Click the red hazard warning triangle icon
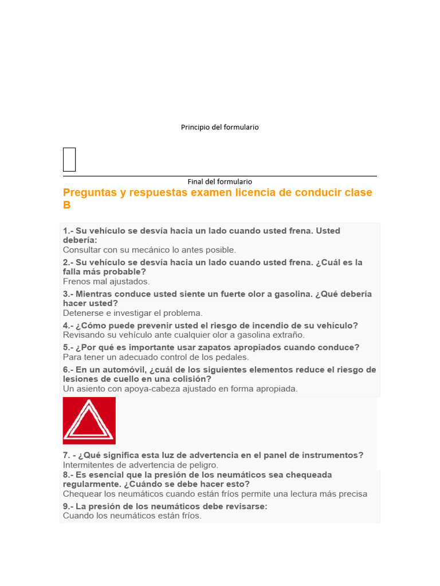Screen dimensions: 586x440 point(89,421)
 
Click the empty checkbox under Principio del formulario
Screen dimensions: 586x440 point(69,159)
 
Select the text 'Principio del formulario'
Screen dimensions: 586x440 point(220,127)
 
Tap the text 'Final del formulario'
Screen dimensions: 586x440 point(220,181)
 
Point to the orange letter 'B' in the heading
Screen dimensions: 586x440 point(67,205)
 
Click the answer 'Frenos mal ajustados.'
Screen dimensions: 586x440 point(106,282)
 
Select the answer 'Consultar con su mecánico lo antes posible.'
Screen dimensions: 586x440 point(149,250)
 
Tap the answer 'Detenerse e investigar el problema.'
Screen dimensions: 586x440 point(133,313)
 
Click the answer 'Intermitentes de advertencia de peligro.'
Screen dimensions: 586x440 point(140,465)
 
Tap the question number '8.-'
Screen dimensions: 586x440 point(68,475)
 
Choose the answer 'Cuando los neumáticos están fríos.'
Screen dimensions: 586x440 point(132,516)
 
